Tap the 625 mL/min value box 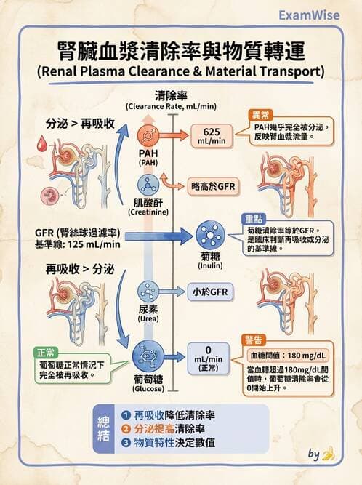click(x=212, y=135)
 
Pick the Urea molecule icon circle click(x=148, y=292)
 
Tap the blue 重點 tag click(x=254, y=218)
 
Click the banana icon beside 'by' click(x=329, y=455)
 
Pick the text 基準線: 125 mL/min click(x=68, y=244)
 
